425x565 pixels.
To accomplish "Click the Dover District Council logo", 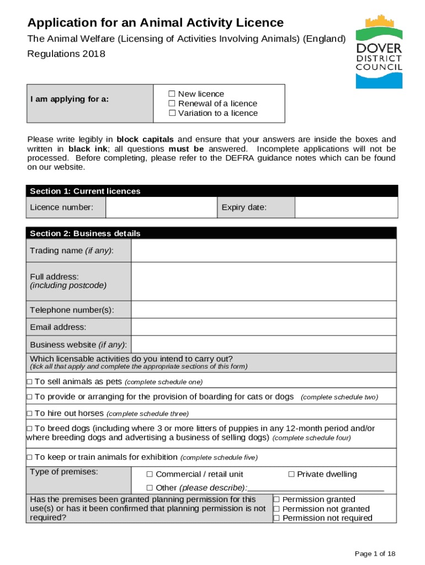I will pyautogui.click(x=379, y=51).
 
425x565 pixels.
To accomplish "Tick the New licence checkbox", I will pyautogui.click(x=172, y=94).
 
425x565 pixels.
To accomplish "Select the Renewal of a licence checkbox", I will pyautogui.click(x=172, y=104).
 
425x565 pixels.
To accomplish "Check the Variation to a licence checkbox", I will pyautogui.click(x=172, y=113).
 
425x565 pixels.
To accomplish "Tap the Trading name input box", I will pyautogui.click(x=263, y=250).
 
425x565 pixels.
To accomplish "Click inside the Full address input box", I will pyautogui.click(x=263, y=281).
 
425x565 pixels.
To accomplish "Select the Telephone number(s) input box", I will pyautogui.click(x=263, y=310).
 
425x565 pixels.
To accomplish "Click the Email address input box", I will pyautogui.click(x=263, y=327).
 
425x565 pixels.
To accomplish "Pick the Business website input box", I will pyautogui.click(x=263, y=345).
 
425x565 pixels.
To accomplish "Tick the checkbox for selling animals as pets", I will pyautogui.click(x=30, y=382).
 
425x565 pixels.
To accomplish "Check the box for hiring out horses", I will pyautogui.click(x=30, y=413).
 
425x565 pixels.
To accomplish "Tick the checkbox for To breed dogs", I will pyautogui.click(x=30, y=429).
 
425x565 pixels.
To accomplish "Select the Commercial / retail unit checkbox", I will pyautogui.click(x=150, y=475).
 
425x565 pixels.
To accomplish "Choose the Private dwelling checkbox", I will pyautogui.click(x=291, y=475).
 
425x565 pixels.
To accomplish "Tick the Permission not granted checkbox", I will pyautogui.click(x=277, y=509).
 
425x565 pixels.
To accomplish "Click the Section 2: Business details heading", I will pyautogui.click(x=85, y=233).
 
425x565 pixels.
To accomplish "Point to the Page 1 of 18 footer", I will pyautogui.click(x=375, y=554).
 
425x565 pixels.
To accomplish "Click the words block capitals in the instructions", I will pyautogui.click(x=145, y=139).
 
